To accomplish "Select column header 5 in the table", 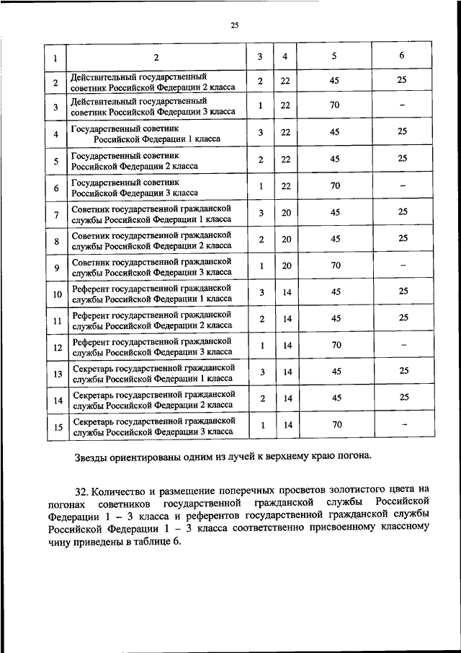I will click(334, 56).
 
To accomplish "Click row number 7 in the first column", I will click(55, 215).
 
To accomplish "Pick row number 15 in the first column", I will click(55, 427).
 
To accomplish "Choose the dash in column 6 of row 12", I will click(403, 345).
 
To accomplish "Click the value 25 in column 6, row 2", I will click(402, 81).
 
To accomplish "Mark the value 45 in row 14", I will click(335, 398).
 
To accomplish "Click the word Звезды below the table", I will click(91, 456).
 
